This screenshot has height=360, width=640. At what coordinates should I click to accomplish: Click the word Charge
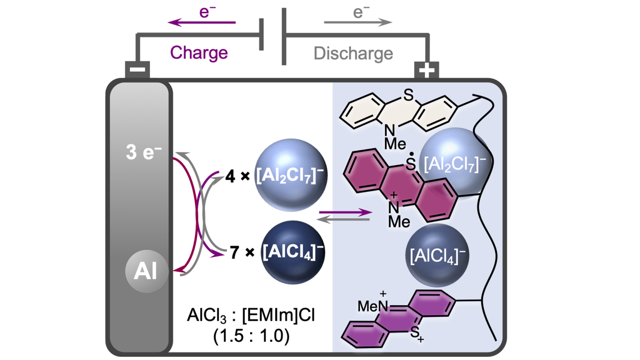[x=199, y=53]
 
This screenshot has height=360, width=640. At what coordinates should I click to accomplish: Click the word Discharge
[x=353, y=53]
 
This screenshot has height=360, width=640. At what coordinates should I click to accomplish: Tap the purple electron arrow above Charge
[x=202, y=22]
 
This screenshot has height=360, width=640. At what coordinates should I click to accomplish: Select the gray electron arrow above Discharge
[x=357, y=22]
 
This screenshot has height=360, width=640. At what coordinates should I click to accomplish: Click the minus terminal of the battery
[x=137, y=70]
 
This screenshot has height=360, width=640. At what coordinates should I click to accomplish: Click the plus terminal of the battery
[x=426, y=70]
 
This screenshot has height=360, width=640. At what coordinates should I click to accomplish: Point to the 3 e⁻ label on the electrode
[x=143, y=152]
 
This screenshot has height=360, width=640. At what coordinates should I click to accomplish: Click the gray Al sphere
[x=146, y=271]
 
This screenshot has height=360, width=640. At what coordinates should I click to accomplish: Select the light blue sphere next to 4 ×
[x=290, y=175]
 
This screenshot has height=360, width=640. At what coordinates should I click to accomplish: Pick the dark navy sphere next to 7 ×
[x=293, y=252]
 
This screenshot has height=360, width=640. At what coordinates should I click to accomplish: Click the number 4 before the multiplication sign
[x=230, y=176]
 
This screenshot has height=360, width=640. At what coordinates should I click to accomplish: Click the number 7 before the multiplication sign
[x=235, y=252]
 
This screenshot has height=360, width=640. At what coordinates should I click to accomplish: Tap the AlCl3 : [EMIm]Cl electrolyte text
[x=251, y=315]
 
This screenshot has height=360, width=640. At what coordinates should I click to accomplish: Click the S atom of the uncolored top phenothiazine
[x=408, y=95]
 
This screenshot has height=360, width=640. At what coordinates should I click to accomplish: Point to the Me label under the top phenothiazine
[x=395, y=144]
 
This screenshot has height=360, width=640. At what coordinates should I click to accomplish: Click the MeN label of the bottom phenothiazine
[x=372, y=306]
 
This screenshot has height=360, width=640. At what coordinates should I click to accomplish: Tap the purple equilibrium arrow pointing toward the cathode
[x=345, y=212]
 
